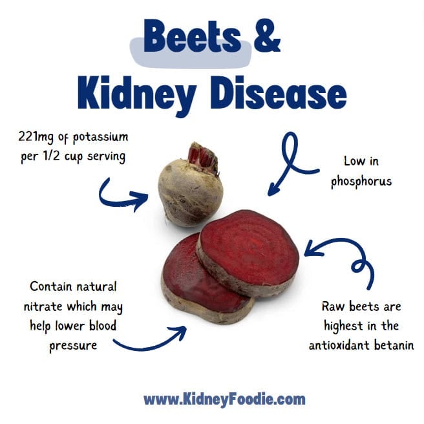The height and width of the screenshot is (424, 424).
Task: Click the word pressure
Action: coord(72,345)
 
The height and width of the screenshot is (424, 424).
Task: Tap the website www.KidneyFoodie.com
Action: coord(224,398)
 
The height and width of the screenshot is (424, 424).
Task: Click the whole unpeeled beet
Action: coord(190,191)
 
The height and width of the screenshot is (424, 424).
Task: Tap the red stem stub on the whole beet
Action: coord(201,156)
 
